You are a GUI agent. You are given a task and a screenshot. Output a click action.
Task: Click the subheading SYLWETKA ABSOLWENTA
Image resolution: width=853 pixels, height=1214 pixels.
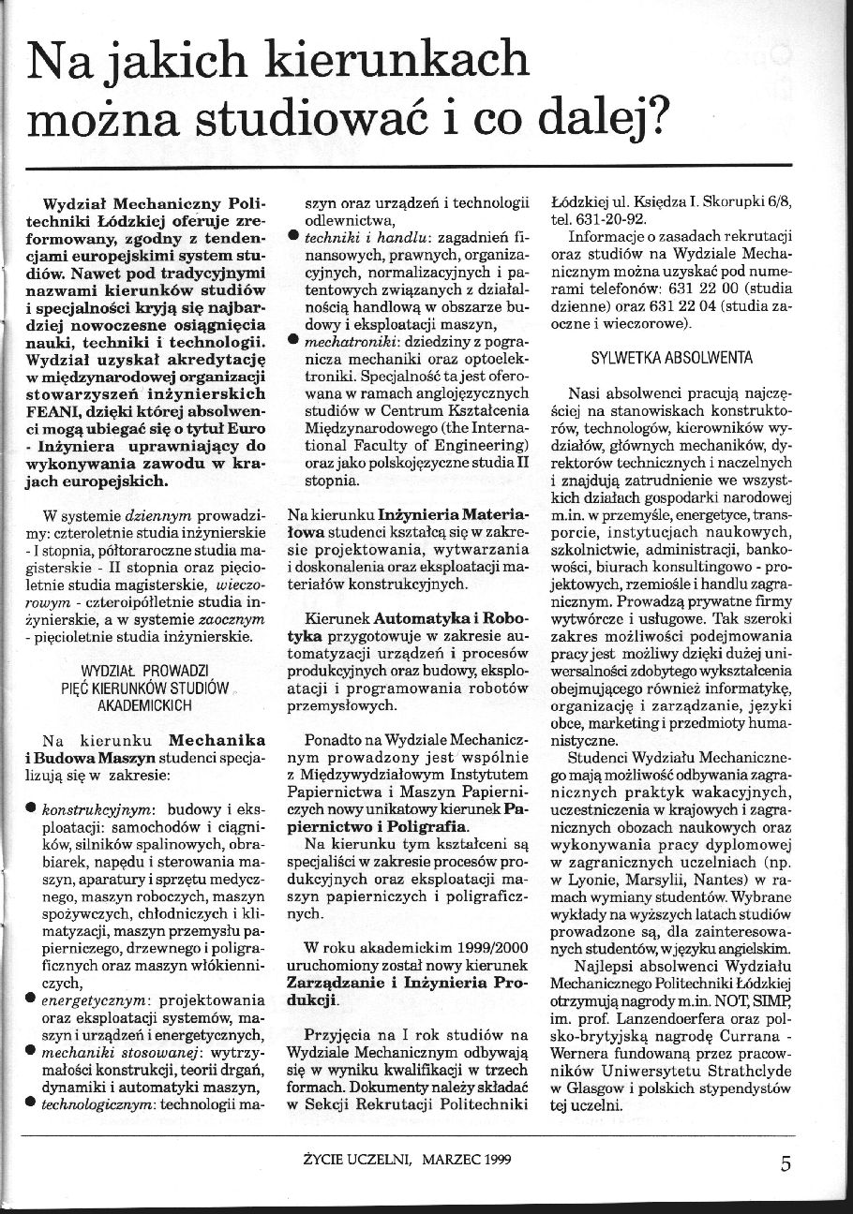pos(673,358)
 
